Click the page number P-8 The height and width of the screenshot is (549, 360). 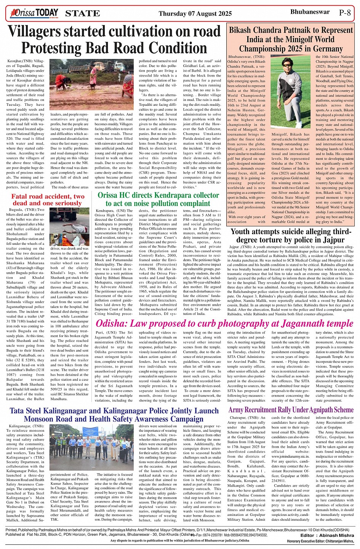[344, 13]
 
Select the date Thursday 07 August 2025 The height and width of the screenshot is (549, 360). [195, 13]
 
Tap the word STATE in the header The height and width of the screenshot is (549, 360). [83, 14]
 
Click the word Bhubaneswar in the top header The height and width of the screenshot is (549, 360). [310, 12]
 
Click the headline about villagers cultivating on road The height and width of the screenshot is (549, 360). [114, 40]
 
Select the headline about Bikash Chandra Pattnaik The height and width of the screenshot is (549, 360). [291, 39]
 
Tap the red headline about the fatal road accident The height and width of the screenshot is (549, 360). [48, 199]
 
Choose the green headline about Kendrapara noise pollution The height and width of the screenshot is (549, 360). [158, 199]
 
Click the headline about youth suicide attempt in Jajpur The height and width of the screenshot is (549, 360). [291, 236]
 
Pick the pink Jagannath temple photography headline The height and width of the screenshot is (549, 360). [224, 324]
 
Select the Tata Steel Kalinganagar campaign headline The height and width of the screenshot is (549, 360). [114, 415]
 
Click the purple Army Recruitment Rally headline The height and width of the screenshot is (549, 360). [291, 410]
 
